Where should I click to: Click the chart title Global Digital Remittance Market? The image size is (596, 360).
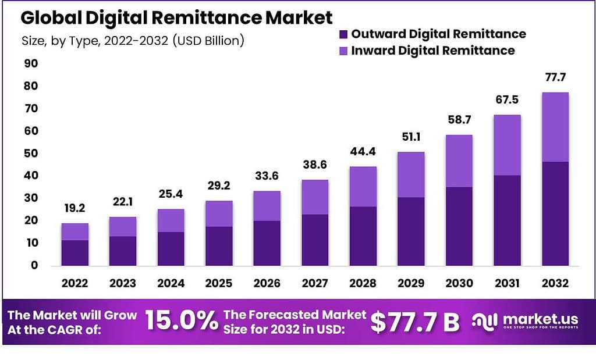(176, 18)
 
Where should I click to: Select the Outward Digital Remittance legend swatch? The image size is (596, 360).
(343, 34)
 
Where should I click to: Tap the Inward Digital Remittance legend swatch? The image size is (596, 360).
(343, 51)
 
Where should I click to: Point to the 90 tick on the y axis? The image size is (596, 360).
(30, 63)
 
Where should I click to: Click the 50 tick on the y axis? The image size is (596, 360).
(30, 154)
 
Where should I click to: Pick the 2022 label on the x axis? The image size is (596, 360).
(74, 283)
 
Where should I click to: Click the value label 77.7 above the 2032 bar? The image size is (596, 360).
(555, 77)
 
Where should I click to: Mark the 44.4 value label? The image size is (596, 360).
(363, 152)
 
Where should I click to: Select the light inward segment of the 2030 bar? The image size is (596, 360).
(459, 161)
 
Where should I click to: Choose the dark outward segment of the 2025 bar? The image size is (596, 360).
(219, 245)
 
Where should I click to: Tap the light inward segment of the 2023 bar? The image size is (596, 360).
(123, 227)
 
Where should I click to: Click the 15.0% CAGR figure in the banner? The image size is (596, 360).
(181, 322)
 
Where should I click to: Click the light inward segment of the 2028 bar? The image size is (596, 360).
(363, 187)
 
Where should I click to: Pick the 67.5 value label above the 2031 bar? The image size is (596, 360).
(506, 99)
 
